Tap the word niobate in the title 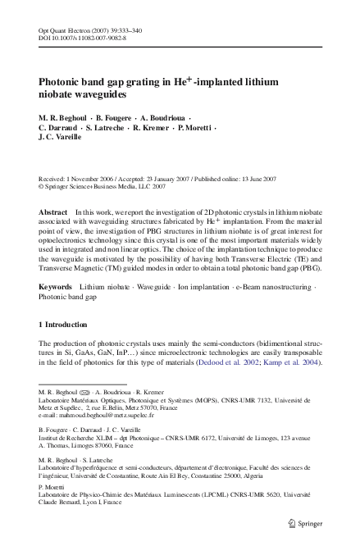pyautogui.click(x=57, y=96)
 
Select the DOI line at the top pyautogui.click(x=83, y=38)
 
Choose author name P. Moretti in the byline pyautogui.click(x=194, y=129)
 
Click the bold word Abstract pyautogui.click(x=53, y=212)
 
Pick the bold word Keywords pyautogui.click(x=55, y=288)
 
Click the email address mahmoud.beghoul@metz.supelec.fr pyautogui.click(x=100, y=415)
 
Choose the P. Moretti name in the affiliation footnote pyautogui.click(x=52, y=486)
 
